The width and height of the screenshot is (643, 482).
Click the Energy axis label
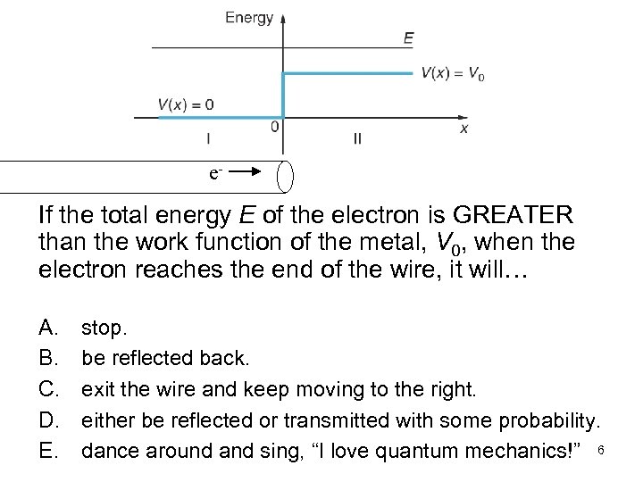249,17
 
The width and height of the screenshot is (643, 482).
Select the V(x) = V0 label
453,74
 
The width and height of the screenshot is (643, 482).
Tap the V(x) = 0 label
186,104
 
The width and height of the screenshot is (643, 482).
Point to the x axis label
463,129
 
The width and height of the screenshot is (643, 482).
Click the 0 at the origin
274,127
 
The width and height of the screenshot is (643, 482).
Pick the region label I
208,139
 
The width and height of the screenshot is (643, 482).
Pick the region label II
358,139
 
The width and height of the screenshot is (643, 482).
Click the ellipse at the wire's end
286,176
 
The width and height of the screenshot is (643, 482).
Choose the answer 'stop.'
103,328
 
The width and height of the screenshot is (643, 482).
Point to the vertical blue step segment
283,94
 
